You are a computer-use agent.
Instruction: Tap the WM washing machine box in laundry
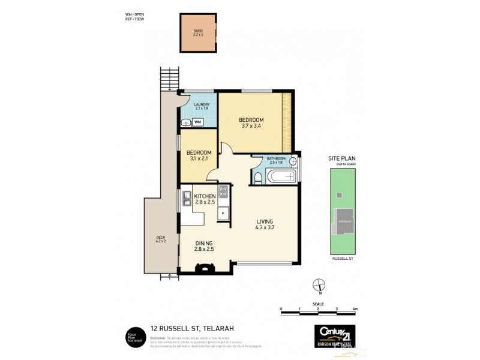pyautogui.click(x=198, y=122)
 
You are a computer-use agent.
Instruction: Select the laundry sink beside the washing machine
pyautogui.click(x=185, y=123)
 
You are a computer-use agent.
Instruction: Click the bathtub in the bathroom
pyautogui.click(x=281, y=176)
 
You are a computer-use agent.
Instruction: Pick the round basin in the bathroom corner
pyautogui.click(x=293, y=161)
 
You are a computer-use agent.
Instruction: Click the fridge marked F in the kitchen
pyautogui.click(x=223, y=213)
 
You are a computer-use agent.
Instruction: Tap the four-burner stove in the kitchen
pyautogui.click(x=223, y=192)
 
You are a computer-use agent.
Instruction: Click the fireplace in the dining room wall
pyautogui.click(x=205, y=269)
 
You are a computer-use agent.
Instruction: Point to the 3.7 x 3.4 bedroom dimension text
pyautogui.click(x=251, y=127)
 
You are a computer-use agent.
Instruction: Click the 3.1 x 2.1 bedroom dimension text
pyautogui.click(x=199, y=158)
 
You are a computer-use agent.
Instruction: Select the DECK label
pyautogui.click(x=160, y=237)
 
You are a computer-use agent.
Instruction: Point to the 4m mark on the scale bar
pyautogui.click(x=356, y=309)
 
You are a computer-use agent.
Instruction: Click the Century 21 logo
pyautogui.click(x=338, y=334)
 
